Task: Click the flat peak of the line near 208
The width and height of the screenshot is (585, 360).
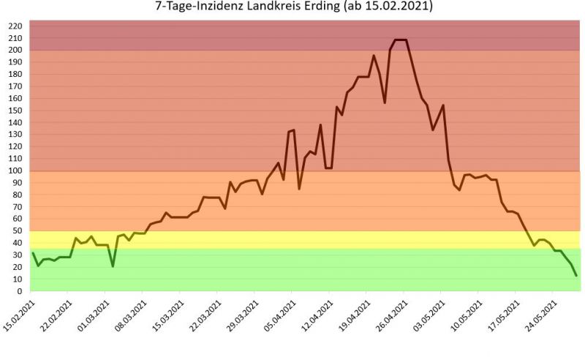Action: click(x=401, y=40)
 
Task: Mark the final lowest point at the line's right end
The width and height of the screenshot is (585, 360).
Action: click(x=576, y=275)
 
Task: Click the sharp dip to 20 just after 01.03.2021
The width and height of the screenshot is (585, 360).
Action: click(x=113, y=266)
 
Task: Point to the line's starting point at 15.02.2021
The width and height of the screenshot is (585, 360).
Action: click(x=33, y=253)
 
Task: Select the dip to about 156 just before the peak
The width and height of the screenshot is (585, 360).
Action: click(x=385, y=102)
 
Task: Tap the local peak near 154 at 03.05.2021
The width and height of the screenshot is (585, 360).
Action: click(x=443, y=105)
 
